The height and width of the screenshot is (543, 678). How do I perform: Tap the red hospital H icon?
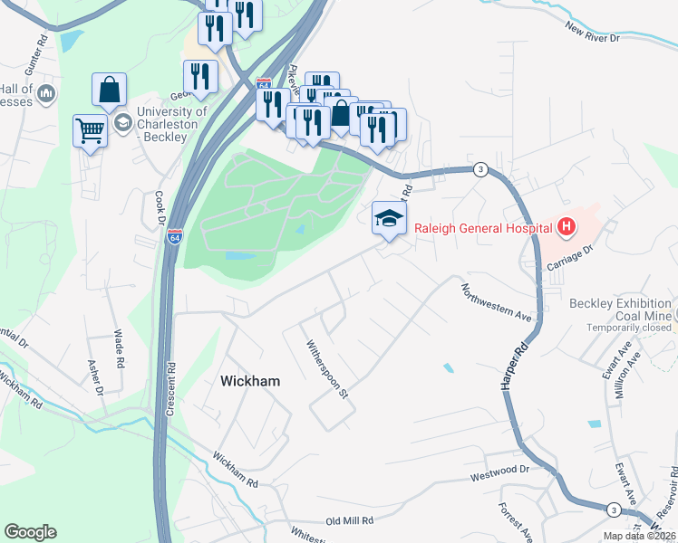point(566,226)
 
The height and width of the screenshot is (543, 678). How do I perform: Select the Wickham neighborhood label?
point(250,382)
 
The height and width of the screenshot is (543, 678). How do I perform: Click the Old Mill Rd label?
point(350,520)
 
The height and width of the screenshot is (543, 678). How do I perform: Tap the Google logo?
point(30,532)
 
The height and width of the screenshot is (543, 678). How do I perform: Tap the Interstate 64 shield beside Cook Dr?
point(175,237)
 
